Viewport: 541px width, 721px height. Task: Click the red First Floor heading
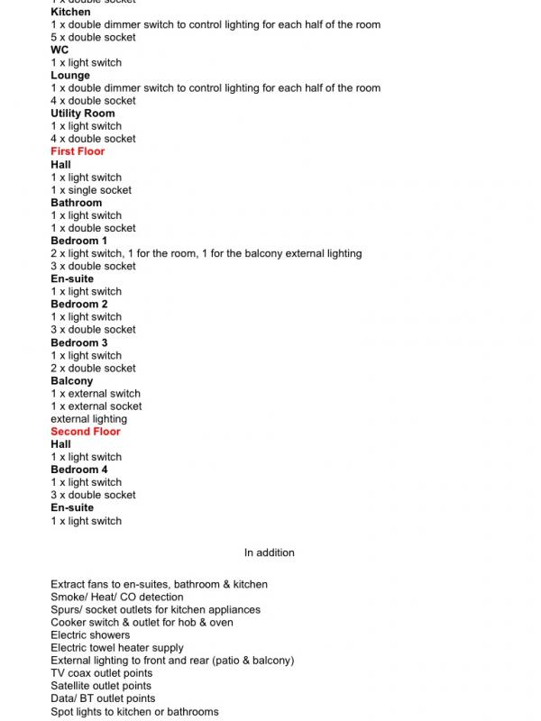click(78, 151)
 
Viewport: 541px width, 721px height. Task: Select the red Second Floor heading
click(85, 432)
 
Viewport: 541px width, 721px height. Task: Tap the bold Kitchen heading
click(70, 13)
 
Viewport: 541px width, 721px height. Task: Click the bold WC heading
click(60, 50)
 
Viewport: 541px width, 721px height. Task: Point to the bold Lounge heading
click(70, 76)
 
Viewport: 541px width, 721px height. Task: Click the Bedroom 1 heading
click(78, 241)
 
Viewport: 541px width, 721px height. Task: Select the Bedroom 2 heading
click(78, 304)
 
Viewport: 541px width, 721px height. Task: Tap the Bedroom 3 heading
click(78, 342)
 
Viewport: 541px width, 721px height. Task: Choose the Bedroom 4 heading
click(78, 470)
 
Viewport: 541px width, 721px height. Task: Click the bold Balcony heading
click(72, 381)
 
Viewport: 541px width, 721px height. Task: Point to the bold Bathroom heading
click(76, 203)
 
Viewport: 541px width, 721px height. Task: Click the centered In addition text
click(269, 552)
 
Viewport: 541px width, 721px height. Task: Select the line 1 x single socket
click(91, 190)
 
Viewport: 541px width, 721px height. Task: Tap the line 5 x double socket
click(94, 38)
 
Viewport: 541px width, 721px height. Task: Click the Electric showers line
click(90, 635)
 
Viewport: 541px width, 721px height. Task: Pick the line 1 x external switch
click(96, 394)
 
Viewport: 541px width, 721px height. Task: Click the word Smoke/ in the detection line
click(69, 598)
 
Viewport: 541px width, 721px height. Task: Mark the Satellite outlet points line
click(102, 686)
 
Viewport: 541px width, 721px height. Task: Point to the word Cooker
click(69, 623)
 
